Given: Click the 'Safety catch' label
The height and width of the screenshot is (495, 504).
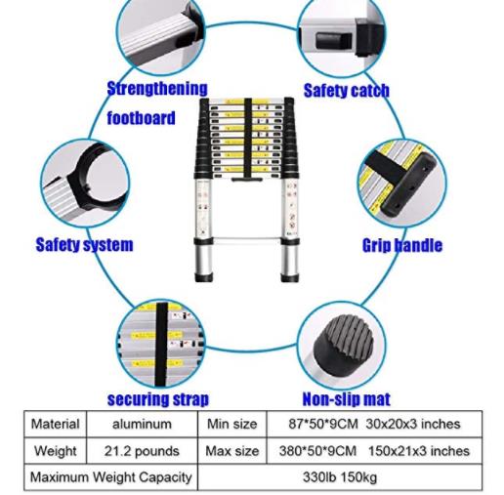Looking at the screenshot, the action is pyautogui.click(x=346, y=91).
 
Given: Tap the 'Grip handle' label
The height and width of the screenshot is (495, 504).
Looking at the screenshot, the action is pyautogui.click(x=402, y=245).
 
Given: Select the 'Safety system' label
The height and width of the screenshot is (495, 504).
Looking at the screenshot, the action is pyautogui.click(x=84, y=245).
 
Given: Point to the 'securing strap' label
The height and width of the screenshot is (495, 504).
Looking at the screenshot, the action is pyautogui.click(x=158, y=399).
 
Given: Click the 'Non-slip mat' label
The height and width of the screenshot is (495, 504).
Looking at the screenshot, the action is pyautogui.click(x=346, y=399).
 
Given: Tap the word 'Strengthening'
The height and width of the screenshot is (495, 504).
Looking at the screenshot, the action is pyautogui.click(x=157, y=89).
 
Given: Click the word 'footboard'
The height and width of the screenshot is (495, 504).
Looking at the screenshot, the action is pyautogui.click(x=141, y=118).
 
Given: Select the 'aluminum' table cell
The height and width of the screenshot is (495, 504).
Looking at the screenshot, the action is pyautogui.click(x=142, y=424).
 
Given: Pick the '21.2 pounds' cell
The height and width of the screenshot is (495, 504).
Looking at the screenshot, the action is pyautogui.click(x=142, y=451).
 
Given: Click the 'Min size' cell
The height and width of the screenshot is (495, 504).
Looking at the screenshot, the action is pyautogui.click(x=232, y=424).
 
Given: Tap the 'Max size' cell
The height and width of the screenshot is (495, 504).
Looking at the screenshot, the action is pyautogui.click(x=232, y=451).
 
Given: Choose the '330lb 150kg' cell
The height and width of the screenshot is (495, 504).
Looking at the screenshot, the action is pyautogui.click(x=340, y=477).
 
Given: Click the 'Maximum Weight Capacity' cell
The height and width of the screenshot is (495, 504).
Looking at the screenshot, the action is pyautogui.click(x=110, y=477).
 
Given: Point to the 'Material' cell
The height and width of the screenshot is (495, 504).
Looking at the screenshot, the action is pyautogui.click(x=56, y=424).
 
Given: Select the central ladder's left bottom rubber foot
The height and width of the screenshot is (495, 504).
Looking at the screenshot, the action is pyautogui.click(x=204, y=278).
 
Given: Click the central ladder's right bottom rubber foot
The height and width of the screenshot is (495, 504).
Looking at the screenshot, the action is pyautogui.click(x=289, y=278).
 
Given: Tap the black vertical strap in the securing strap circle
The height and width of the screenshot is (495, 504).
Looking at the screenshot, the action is pyautogui.click(x=161, y=344).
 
